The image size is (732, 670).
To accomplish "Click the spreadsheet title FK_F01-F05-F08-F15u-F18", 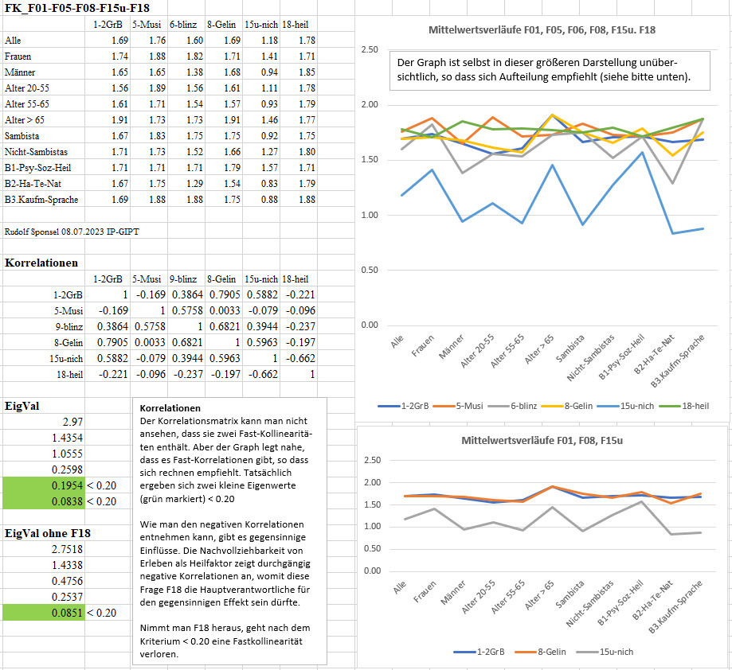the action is coord(77,8).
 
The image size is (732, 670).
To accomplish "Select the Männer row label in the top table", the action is coord(20,72).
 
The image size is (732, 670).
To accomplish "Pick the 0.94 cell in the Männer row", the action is coord(269,72).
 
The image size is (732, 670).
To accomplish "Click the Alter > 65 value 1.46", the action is coord(269,120).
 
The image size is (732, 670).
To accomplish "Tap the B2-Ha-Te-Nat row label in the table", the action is coord(33,184).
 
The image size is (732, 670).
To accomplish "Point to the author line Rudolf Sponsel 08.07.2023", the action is coord(72,232).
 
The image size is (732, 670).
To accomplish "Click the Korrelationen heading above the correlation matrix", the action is coord(41,263).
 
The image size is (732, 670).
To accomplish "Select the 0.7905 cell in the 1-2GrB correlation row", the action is coord(225,294).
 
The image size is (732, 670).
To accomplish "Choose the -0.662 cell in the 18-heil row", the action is coord(263,374).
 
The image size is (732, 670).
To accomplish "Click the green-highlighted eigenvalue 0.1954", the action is coord(67,485).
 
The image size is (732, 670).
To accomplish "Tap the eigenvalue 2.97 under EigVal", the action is coord(72,422).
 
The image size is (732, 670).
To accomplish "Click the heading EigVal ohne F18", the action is coord(48,533).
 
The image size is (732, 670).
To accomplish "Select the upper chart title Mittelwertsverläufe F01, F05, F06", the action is coord(542,30).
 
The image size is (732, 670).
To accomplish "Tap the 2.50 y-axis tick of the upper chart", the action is coord(370,49).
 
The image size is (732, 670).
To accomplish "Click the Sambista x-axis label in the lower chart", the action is coord(570,594).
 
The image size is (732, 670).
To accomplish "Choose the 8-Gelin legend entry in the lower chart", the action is coord(541,652).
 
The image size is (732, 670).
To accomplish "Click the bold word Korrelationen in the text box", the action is coord(170,408).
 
